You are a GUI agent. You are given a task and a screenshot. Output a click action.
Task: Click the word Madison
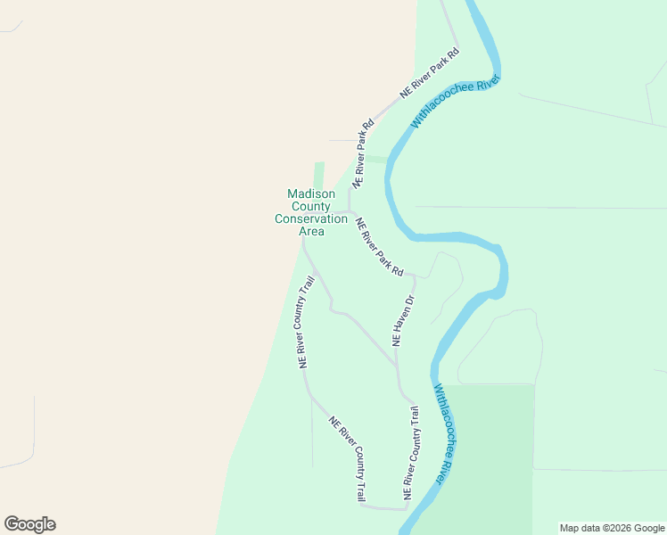pyautogui.click(x=311, y=194)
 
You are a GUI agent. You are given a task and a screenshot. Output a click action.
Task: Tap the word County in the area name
pyautogui.click(x=311, y=207)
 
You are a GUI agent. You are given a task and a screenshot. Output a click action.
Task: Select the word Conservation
pyautogui.click(x=311, y=219)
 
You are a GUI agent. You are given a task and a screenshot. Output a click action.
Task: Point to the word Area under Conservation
pyautogui.click(x=311, y=232)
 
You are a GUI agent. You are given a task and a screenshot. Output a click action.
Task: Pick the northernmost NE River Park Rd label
pyautogui.click(x=430, y=72)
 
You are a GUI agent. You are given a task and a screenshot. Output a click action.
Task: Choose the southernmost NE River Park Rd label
pyautogui.click(x=380, y=247)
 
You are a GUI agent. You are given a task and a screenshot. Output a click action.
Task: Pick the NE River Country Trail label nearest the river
pyautogui.click(x=410, y=453)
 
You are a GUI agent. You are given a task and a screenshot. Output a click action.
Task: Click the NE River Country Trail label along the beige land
pyautogui.click(x=306, y=323)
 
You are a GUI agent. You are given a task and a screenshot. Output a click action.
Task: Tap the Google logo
pyautogui.click(x=29, y=524)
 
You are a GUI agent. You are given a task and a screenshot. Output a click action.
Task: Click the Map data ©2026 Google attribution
pyautogui.click(x=611, y=528)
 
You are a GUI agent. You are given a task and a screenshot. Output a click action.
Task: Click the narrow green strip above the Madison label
pyautogui.click(x=319, y=175)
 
